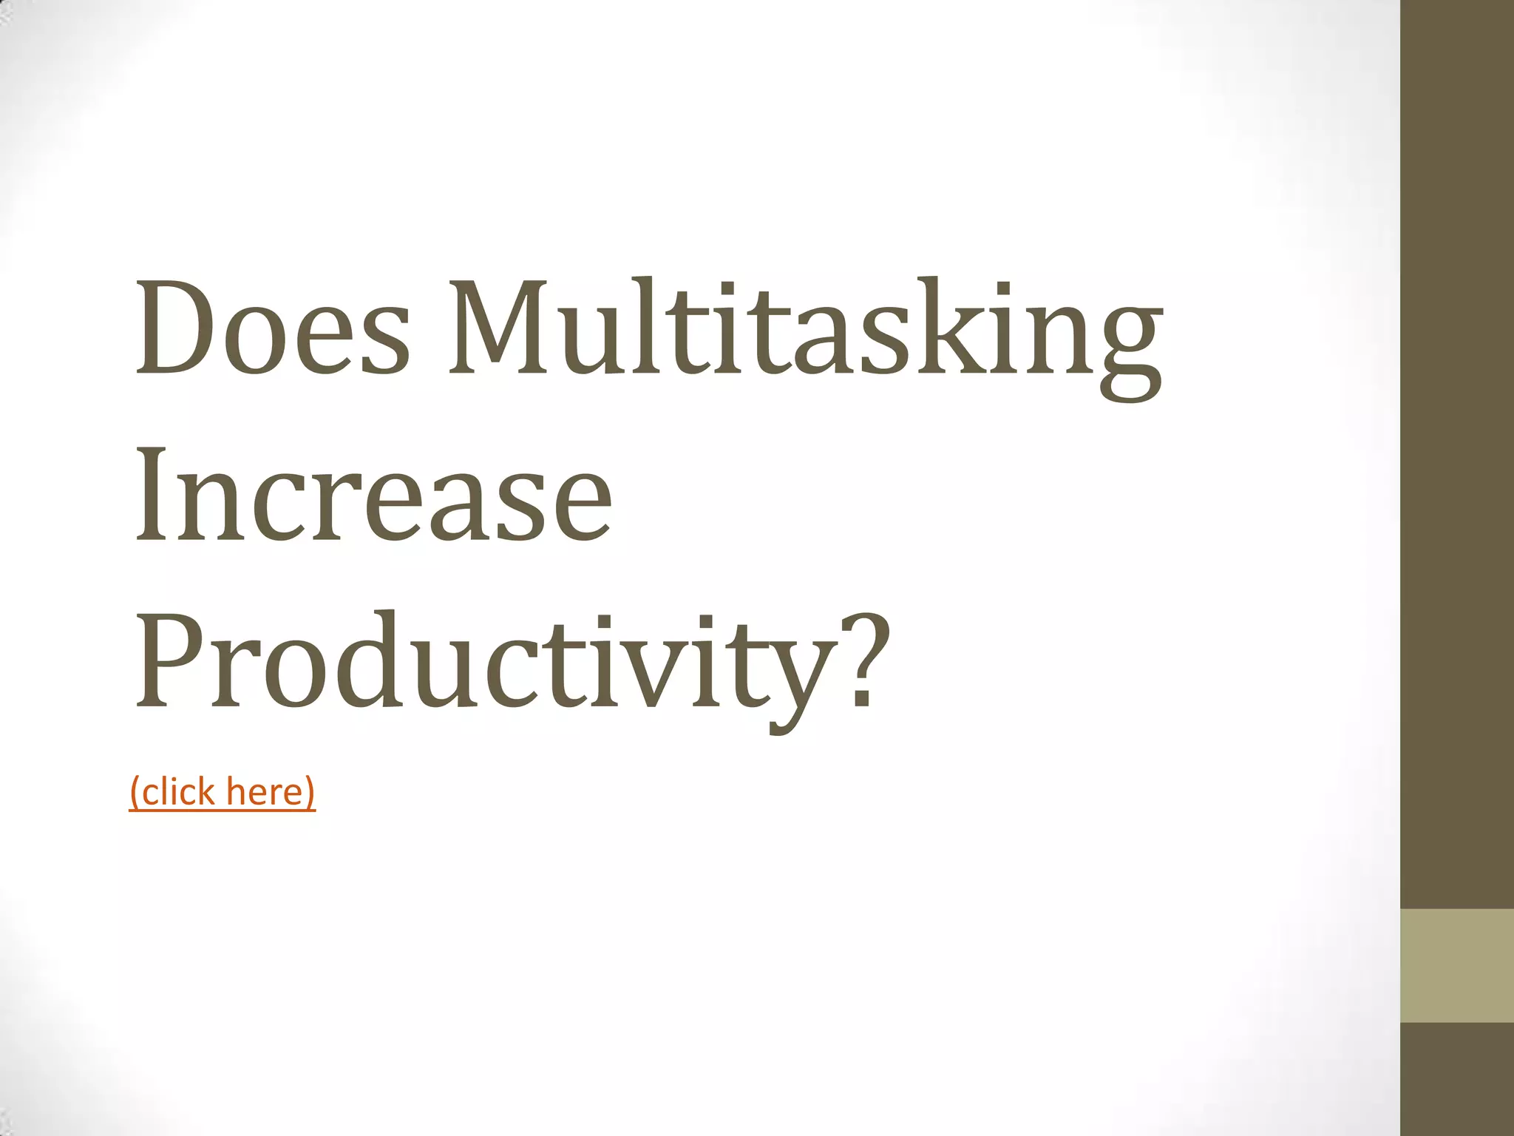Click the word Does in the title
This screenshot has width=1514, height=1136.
[271, 328]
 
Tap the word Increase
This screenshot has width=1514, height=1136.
[373, 493]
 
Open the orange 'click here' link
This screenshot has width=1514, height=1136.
[223, 791]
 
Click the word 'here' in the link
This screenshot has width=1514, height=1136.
[265, 791]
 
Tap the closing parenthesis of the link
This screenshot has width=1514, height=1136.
[310, 793]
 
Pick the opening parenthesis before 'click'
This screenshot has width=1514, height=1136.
[135, 793]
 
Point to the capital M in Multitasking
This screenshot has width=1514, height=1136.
[505, 328]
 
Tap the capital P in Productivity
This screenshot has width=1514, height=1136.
[172, 660]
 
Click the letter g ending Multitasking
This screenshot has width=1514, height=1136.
[1130, 348]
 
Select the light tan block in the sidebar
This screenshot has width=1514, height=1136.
[1457, 965]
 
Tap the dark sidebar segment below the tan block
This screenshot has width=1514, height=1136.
[1457, 1079]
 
